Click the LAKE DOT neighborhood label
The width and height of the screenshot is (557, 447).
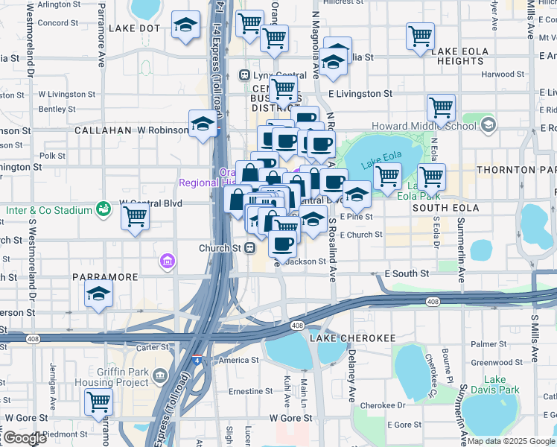[x=134, y=28]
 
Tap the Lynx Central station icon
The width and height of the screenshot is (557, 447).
[x=244, y=75]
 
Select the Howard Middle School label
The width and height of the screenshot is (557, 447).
[x=423, y=126]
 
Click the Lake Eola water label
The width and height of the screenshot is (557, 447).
[x=376, y=165]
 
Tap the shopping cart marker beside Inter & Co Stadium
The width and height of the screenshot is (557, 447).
[x=136, y=217]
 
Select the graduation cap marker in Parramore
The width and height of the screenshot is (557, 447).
[x=98, y=296]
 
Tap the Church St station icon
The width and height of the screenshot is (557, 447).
[x=252, y=248]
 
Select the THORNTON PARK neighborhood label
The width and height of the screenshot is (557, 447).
[x=515, y=170]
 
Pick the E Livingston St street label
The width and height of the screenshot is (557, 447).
[x=360, y=94]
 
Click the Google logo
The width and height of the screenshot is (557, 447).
[x=24, y=438]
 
